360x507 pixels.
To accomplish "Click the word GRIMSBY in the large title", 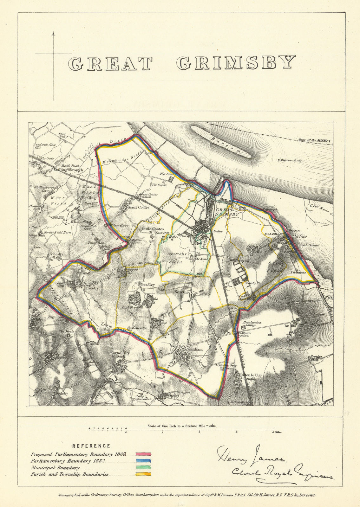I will [236, 62].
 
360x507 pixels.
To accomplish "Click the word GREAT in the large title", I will [111, 64].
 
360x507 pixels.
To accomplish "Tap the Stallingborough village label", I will [68, 170].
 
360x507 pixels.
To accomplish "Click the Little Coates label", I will [153, 229].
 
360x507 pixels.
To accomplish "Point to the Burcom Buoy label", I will [291, 160].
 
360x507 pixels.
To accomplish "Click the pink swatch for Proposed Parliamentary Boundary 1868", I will [143, 454].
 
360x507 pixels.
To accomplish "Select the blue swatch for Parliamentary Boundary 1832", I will [143, 461].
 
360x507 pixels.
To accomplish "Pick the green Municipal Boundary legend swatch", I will [143, 468].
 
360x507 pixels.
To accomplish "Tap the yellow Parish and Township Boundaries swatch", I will [143, 474].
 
